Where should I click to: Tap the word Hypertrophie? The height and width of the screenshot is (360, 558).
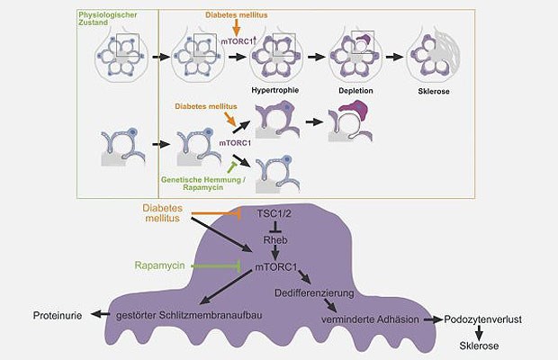click(276, 89)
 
